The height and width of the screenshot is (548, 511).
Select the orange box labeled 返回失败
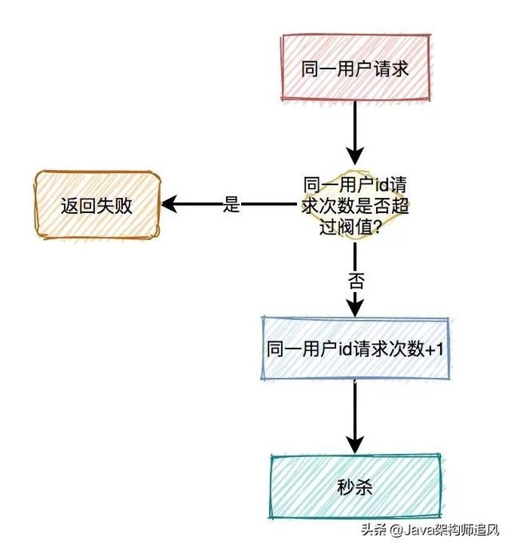coord(97,205)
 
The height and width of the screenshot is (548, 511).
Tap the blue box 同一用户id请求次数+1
coord(355,349)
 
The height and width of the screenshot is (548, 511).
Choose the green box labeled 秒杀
coord(355,486)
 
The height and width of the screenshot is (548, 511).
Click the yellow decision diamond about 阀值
coord(355,204)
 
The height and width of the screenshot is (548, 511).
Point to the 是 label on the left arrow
coord(232,205)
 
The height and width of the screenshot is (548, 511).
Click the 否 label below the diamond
coord(356,280)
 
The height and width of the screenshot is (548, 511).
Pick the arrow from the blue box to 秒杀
coord(355,415)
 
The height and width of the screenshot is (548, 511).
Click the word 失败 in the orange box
coord(115,205)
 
